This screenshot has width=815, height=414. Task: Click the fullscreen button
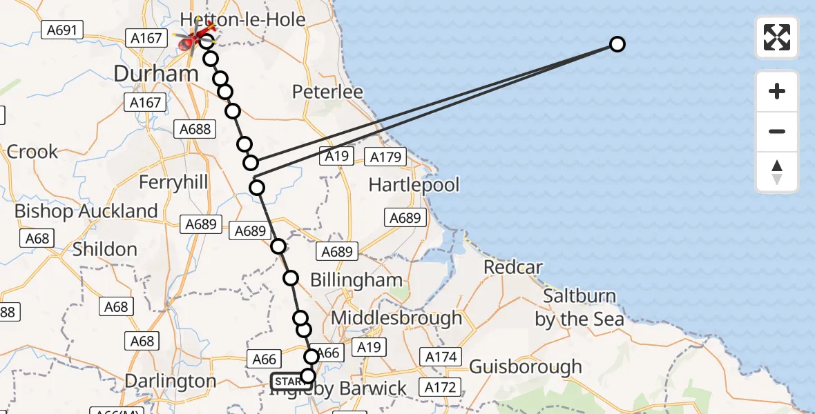pos(777,37)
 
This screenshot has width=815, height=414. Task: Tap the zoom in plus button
pos(777,91)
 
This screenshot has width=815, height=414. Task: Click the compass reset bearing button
pos(777,172)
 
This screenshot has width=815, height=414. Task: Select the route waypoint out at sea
pos(617,44)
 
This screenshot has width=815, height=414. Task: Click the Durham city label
pos(156,73)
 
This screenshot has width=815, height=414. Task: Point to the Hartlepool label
pos(414,184)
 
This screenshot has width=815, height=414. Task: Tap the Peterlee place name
pos(327,92)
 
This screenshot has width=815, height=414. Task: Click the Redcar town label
pos(513,267)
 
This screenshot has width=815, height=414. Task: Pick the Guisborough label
pos(526,366)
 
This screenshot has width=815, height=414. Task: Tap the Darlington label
pos(171,381)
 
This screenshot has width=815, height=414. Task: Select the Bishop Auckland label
pos(86,211)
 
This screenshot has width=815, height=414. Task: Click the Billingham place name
pos(356,280)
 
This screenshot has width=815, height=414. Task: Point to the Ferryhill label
pos(173,182)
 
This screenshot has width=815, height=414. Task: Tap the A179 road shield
pos(385,157)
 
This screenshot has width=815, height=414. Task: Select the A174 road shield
pos(441,357)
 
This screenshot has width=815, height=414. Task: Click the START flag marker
pos(287,381)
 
